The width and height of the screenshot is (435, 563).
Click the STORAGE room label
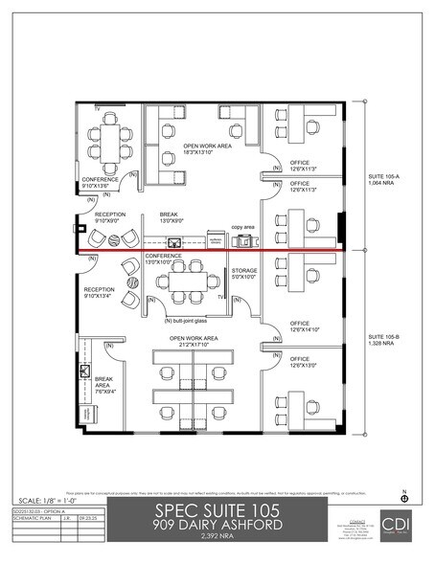(244, 275)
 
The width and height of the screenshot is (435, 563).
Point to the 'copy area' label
(244, 229)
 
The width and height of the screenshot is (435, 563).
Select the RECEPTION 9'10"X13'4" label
(100, 292)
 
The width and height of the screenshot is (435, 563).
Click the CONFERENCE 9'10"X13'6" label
(100, 182)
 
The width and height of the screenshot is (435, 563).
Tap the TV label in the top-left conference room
(96, 108)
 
